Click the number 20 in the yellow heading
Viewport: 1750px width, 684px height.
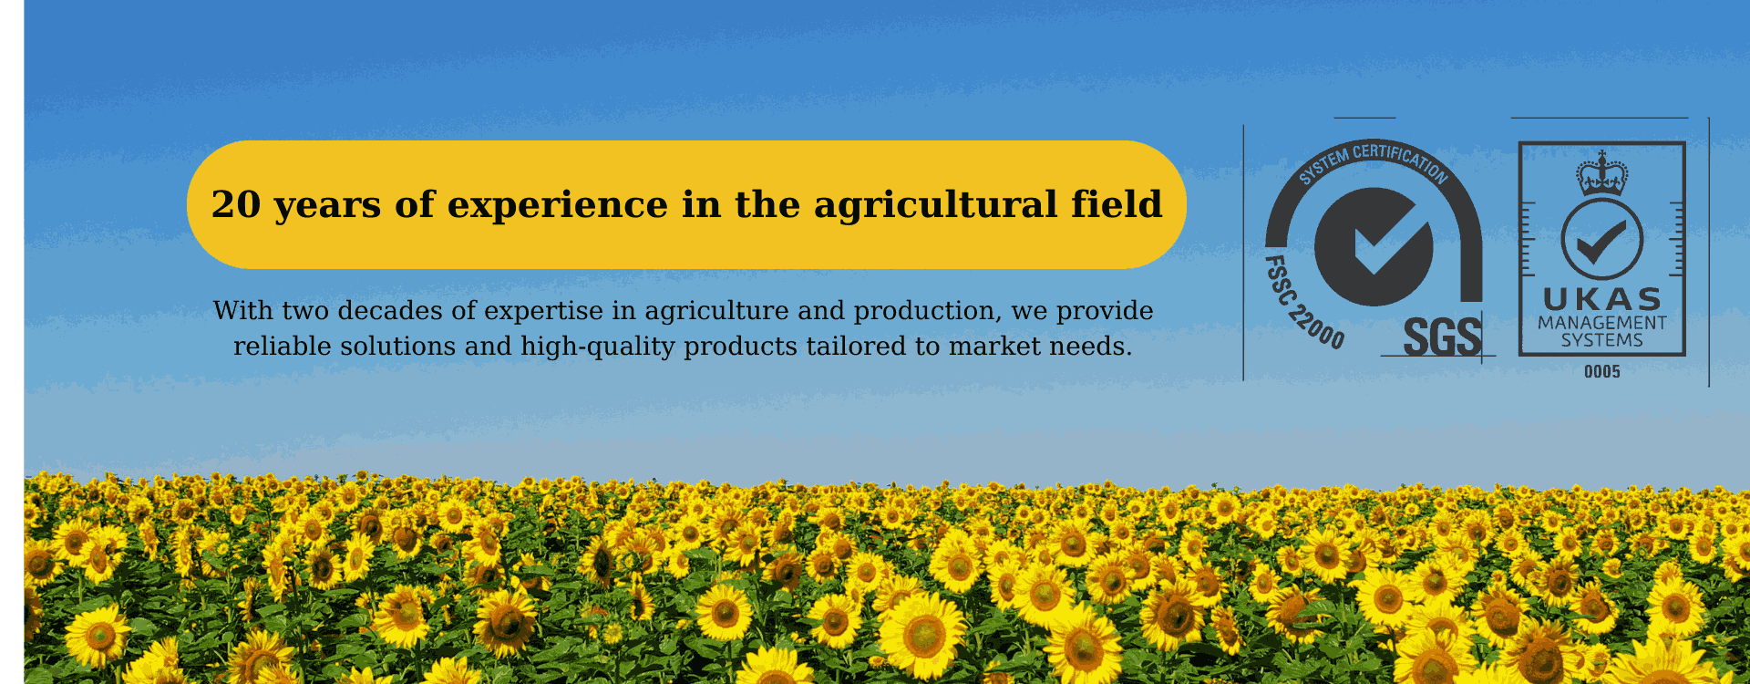pos(236,204)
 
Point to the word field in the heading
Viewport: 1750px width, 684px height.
pos(1117,203)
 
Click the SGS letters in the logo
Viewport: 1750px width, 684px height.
pos(1443,337)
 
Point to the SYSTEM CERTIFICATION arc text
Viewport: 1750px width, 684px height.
pos(1374,158)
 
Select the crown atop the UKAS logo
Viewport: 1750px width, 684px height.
pos(1601,173)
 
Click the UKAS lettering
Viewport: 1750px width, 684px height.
pos(1602,299)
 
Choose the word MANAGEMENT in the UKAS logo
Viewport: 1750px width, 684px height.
pos(1602,323)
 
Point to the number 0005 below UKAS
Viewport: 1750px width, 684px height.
pos(1602,372)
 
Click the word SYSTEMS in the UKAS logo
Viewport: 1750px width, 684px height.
pos(1602,340)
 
